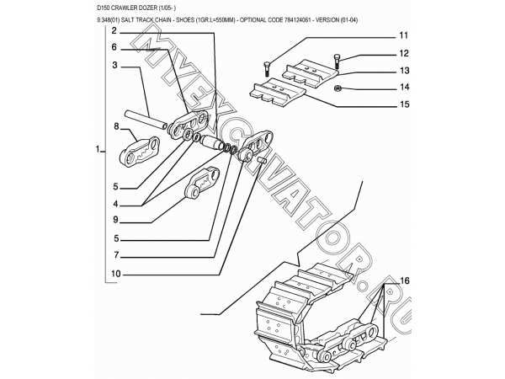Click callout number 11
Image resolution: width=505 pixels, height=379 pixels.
[403, 36]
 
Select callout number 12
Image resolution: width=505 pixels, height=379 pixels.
[403, 54]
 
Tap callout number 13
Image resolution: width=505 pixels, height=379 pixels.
[403, 71]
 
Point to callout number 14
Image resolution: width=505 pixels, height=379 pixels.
[403, 88]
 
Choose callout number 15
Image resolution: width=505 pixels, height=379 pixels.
[403, 104]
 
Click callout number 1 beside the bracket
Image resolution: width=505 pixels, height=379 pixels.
[98, 152]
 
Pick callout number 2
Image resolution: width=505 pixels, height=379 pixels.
[112, 30]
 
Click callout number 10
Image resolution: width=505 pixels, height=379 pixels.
[114, 273]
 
